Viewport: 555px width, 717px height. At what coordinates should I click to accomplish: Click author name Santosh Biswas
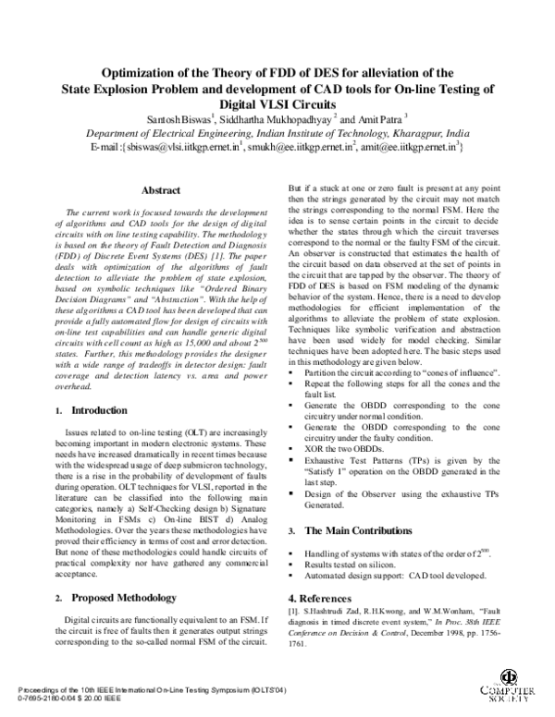pyautogui.click(x=208, y=118)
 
